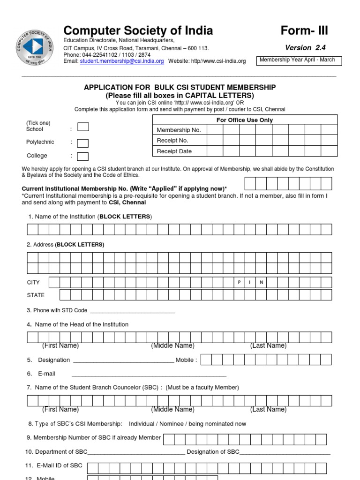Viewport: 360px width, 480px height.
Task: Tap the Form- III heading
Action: pyautogui.click(x=304, y=31)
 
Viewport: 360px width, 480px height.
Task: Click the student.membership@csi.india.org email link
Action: pyautogui.click(x=122, y=61)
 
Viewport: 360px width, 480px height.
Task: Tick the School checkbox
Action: pyautogui.click(x=83, y=127)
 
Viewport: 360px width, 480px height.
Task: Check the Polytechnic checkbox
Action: pyautogui.click(x=83, y=142)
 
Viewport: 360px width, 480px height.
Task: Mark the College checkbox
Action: pyautogui.click(x=83, y=156)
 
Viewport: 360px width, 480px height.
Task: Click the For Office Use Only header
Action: pyautogui.click(x=244, y=120)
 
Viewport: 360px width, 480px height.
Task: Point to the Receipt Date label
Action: pyautogui.click(x=174, y=151)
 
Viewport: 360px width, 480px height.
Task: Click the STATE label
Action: pyautogui.click(x=36, y=295)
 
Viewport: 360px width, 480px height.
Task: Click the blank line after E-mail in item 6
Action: pyautogui.click(x=149, y=375)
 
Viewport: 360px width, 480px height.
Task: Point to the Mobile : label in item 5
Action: pyautogui.click(x=186, y=360)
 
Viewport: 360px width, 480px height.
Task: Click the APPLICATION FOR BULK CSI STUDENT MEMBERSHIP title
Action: pyautogui.click(x=180, y=88)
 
